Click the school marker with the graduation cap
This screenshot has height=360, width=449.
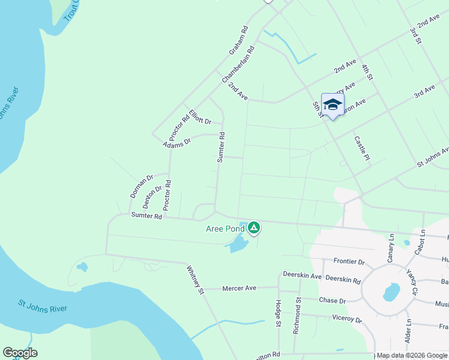333,105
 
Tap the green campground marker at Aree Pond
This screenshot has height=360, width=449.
254,227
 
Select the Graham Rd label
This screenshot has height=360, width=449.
238,41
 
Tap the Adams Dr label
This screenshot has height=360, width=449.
176,143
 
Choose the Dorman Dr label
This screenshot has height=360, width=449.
142,187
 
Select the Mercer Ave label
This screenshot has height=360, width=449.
239,289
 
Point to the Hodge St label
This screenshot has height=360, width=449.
279,314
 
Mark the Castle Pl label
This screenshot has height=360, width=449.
360,148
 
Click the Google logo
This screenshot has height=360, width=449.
20,353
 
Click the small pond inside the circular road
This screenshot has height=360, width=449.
391,292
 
